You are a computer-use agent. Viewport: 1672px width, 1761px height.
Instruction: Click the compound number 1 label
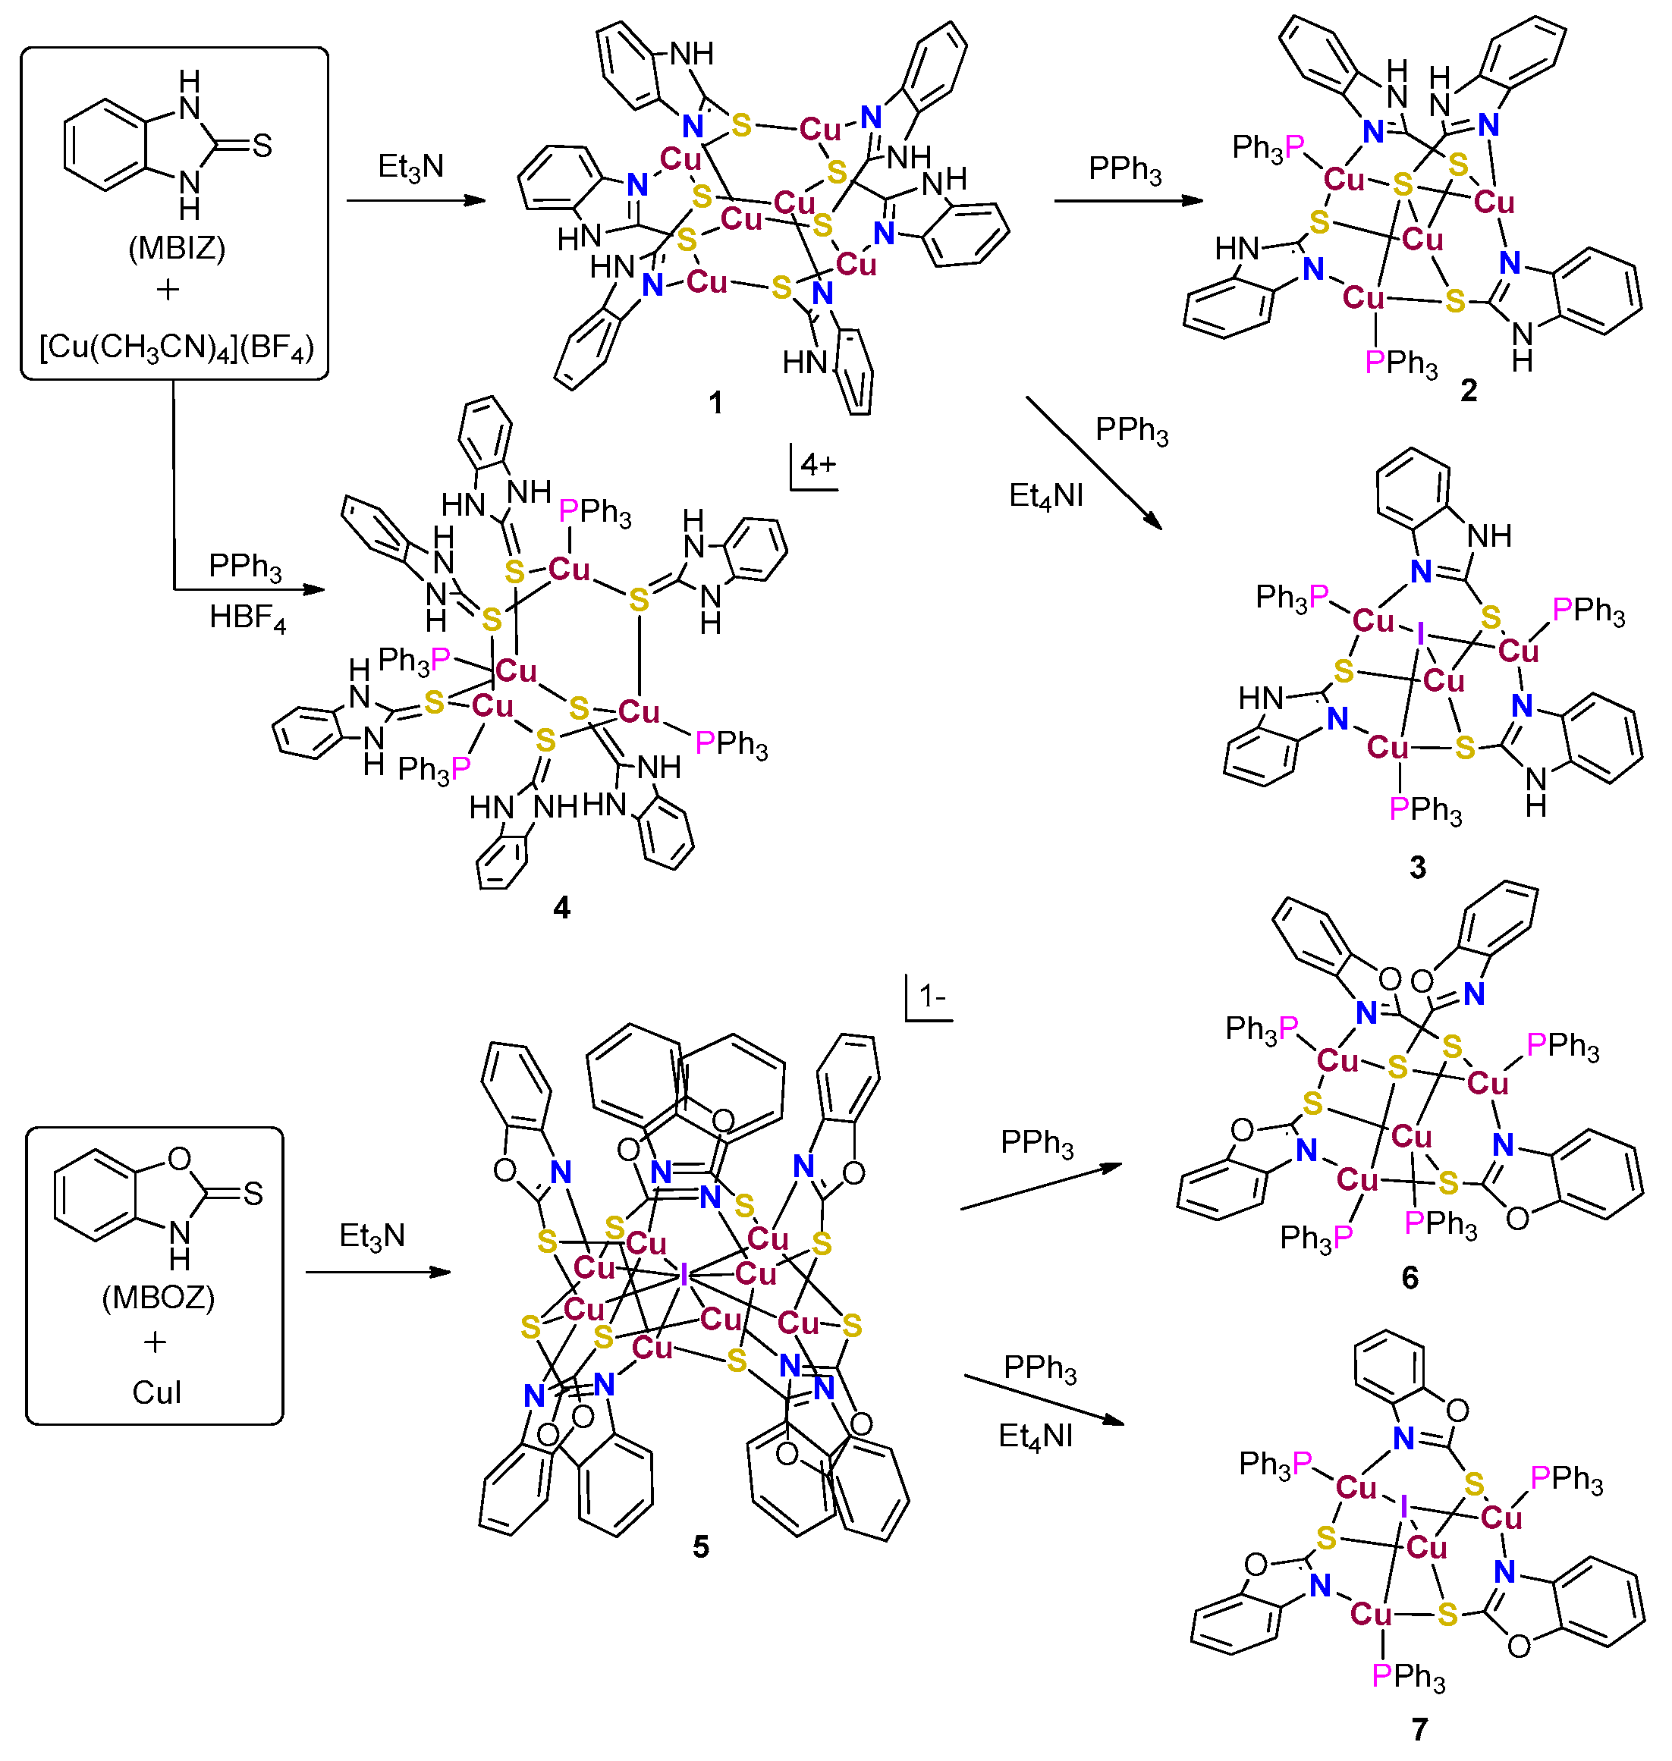tap(715, 403)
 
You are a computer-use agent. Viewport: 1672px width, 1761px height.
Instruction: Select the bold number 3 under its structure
tap(1418, 867)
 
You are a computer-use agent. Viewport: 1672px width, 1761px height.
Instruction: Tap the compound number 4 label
tap(561, 907)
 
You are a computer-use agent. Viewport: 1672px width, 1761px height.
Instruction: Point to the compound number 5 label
tap(700, 1547)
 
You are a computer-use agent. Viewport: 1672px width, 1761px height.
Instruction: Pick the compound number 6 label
tap(1410, 1278)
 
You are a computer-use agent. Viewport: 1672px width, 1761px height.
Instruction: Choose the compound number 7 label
tap(1420, 1730)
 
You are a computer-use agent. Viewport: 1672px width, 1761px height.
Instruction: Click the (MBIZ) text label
tap(177, 247)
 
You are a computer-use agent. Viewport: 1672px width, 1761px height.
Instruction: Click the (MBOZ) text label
tap(158, 1297)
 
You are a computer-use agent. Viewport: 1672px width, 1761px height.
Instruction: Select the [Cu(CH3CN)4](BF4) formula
tap(177, 347)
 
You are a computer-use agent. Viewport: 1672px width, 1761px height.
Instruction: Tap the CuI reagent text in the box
tap(157, 1393)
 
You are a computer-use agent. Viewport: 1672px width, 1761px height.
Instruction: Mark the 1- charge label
tap(932, 996)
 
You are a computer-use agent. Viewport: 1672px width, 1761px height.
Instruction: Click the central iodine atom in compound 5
tap(684, 1276)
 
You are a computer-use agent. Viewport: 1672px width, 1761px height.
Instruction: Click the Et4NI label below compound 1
tap(1045, 495)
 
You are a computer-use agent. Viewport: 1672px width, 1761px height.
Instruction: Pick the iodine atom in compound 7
tap(1405, 1507)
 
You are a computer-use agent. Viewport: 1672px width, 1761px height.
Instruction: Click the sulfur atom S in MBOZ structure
tap(254, 1193)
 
